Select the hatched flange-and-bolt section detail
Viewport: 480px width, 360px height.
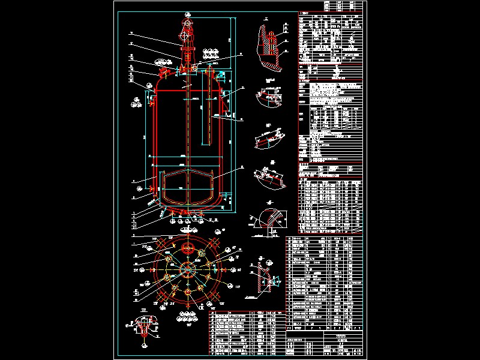tap(271, 42)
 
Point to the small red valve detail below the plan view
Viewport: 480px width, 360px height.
tap(143, 327)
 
